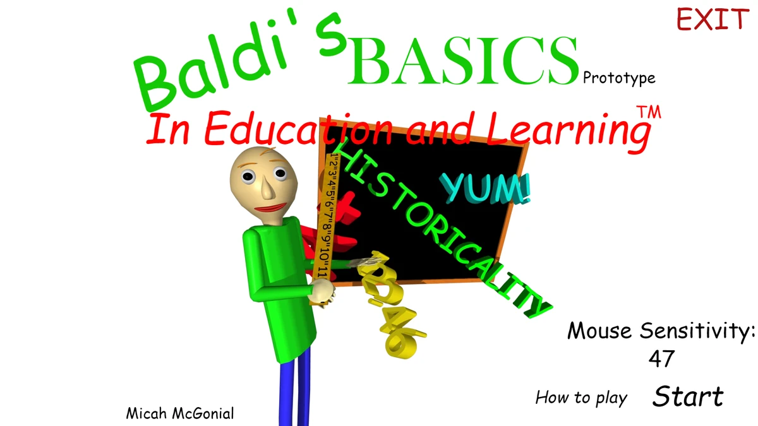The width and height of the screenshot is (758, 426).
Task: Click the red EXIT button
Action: (713, 20)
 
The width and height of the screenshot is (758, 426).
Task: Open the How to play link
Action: (581, 398)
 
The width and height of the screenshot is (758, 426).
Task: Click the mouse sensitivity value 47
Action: (661, 358)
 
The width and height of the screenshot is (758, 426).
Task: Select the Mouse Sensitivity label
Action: (661, 330)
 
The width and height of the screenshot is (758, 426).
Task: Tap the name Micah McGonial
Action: (180, 414)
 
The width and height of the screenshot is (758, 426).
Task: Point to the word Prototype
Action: (619, 78)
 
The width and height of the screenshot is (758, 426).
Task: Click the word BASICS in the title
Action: (463, 61)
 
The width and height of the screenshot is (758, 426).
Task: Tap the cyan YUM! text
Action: (485, 188)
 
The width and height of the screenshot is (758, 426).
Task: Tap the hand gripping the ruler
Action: (323, 292)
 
